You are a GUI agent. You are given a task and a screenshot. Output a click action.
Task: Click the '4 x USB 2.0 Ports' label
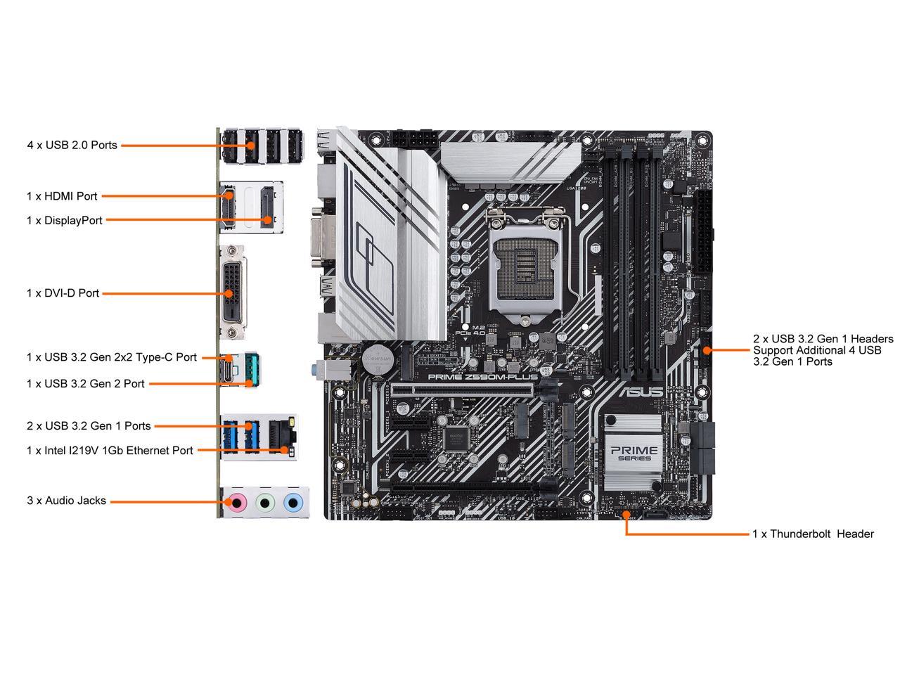pos(72,146)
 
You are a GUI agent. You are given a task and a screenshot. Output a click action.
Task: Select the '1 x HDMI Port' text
pos(62,196)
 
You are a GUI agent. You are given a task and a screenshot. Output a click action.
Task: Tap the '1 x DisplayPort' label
pos(65,220)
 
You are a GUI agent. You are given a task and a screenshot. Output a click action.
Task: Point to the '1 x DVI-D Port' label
pos(63,293)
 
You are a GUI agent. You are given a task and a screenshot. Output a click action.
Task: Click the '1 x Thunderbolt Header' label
pos(813,534)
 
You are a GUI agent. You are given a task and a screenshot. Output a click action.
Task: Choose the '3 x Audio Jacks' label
pos(66,501)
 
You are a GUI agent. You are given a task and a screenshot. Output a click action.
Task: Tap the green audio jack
pos(265,502)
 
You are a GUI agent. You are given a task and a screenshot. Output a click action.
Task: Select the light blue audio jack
pos(292,502)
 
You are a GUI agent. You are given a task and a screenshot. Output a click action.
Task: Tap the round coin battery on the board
pos(376,357)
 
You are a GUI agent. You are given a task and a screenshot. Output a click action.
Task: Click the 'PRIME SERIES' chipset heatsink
pos(634,449)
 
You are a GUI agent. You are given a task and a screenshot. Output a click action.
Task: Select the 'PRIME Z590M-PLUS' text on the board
pos(482,377)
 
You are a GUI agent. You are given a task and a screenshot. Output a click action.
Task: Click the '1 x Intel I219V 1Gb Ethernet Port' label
pos(110,450)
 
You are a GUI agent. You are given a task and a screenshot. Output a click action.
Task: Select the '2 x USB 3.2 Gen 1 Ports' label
pos(89,425)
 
